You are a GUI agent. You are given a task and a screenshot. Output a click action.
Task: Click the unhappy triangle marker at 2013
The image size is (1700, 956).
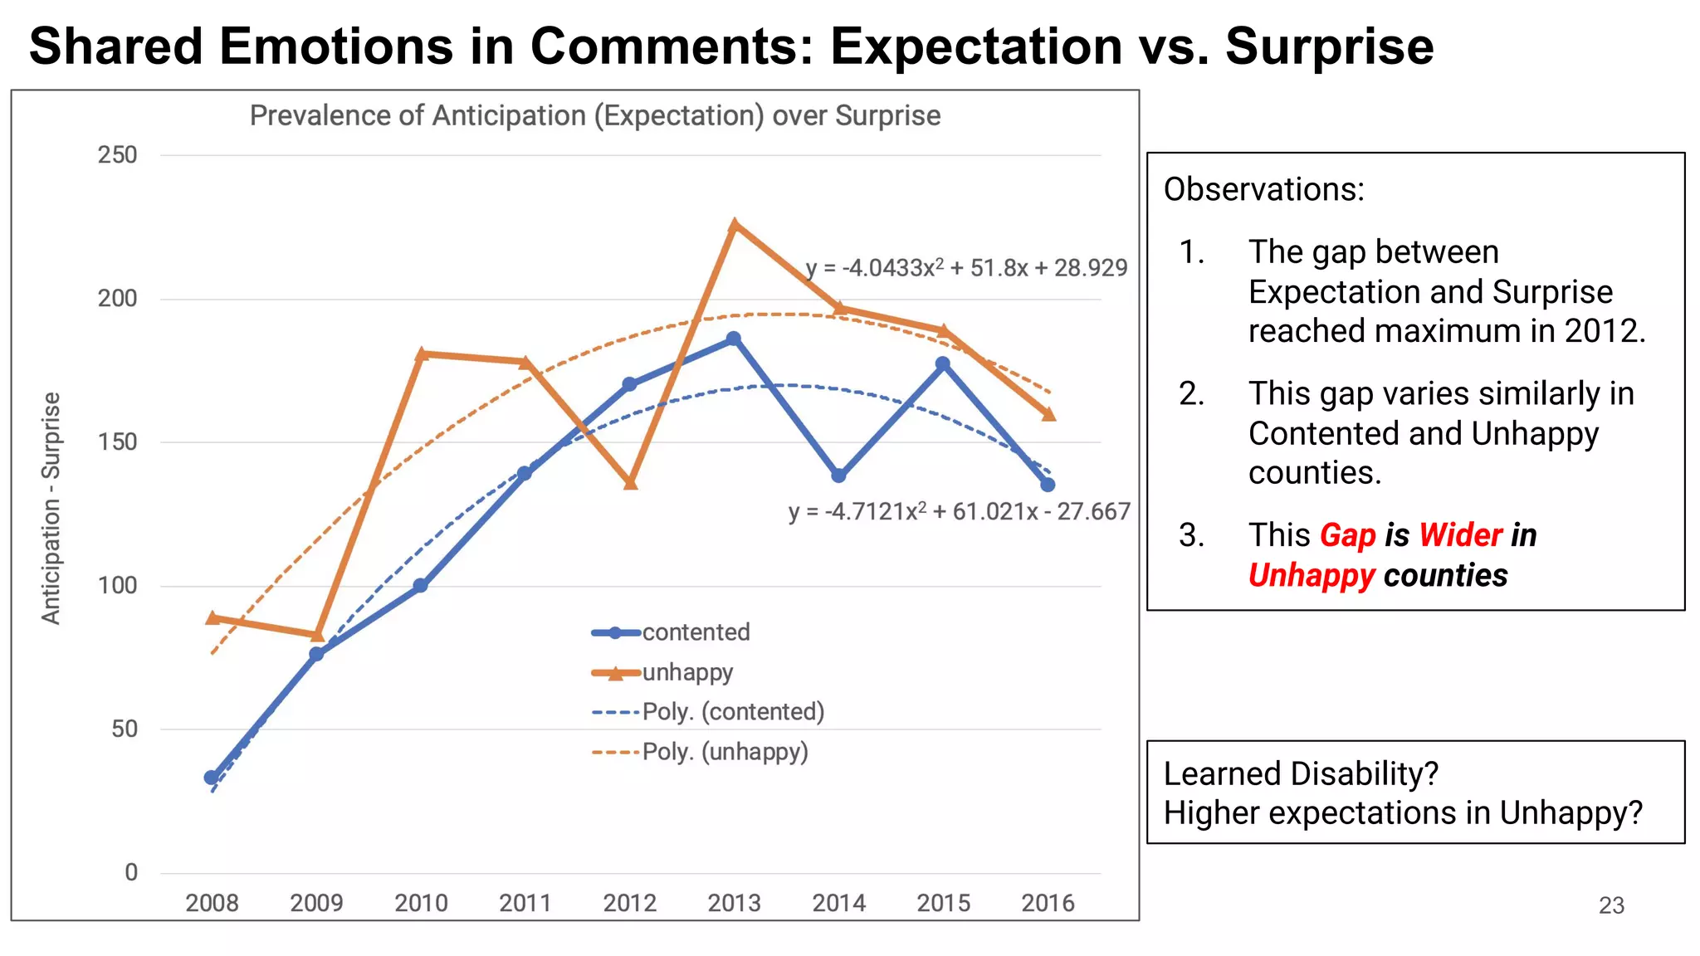click(734, 226)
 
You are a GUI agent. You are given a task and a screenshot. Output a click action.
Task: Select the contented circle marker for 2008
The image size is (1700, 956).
click(212, 778)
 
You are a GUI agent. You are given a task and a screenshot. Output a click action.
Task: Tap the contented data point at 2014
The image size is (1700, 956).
click(839, 476)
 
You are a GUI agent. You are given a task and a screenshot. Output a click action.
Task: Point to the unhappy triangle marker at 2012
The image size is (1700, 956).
click(630, 482)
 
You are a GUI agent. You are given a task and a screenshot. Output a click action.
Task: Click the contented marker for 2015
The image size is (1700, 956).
click(943, 363)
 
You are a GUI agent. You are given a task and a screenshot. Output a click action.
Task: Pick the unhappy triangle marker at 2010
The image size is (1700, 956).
click(421, 354)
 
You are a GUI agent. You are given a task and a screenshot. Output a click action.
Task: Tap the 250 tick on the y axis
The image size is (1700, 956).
click(118, 155)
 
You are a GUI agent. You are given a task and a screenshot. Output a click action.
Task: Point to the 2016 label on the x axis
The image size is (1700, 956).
click(1048, 903)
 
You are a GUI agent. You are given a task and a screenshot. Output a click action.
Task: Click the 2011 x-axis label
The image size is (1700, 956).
click(525, 903)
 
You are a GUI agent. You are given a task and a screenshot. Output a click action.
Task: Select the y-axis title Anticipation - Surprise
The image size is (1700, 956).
click(51, 508)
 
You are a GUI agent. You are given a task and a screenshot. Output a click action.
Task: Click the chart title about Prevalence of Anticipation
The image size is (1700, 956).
click(595, 115)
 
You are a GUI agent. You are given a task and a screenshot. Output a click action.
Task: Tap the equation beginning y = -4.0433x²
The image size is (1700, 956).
click(966, 268)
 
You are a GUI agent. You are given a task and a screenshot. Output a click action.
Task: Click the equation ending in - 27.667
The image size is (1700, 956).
click(960, 511)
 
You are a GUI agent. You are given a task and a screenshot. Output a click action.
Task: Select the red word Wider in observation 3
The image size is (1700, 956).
click(1460, 535)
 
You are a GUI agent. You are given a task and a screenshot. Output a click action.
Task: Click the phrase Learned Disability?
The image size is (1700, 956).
click(1301, 773)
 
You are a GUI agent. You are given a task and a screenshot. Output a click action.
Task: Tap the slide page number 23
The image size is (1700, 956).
click(1611, 905)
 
